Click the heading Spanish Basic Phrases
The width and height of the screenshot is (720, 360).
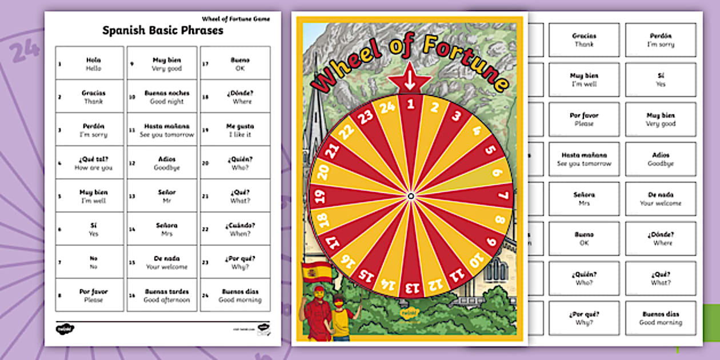pyautogui.click(x=162, y=31)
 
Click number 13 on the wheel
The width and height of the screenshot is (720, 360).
pyautogui.click(x=410, y=286)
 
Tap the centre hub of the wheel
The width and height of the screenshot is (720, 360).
pyautogui.click(x=410, y=197)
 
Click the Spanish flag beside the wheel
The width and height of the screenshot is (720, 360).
pyautogui.click(x=316, y=271)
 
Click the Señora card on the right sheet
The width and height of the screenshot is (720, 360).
pyautogui.click(x=584, y=198)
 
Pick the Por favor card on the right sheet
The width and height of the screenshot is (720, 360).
pyautogui.click(x=584, y=119)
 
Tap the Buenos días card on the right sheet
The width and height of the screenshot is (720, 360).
pyautogui.click(x=661, y=318)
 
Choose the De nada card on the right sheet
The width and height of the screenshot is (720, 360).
pyautogui.click(x=661, y=198)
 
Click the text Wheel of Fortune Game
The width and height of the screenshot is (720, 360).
pyautogui.click(x=235, y=19)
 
